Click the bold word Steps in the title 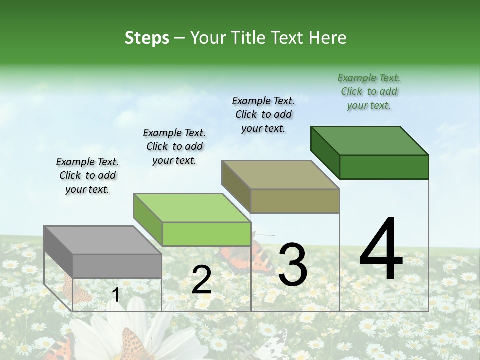[147, 38]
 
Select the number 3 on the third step [292, 265]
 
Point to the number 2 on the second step [201, 280]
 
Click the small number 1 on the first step [116, 295]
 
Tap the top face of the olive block [280, 175]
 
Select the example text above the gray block [87, 175]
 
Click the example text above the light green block [174, 146]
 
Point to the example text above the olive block [263, 114]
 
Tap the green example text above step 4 [369, 91]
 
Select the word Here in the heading [328, 38]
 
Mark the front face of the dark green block [384, 167]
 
